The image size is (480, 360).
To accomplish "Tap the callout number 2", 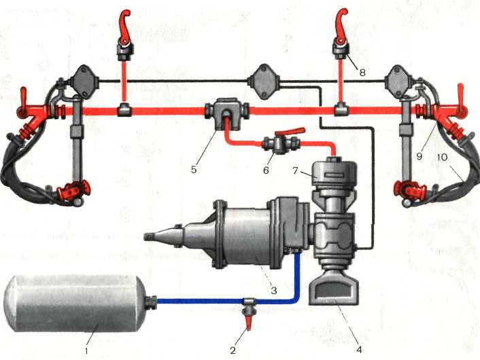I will (x=233, y=350).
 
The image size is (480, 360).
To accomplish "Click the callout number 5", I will (x=194, y=169).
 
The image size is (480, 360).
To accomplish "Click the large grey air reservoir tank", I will (x=75, y=302).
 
